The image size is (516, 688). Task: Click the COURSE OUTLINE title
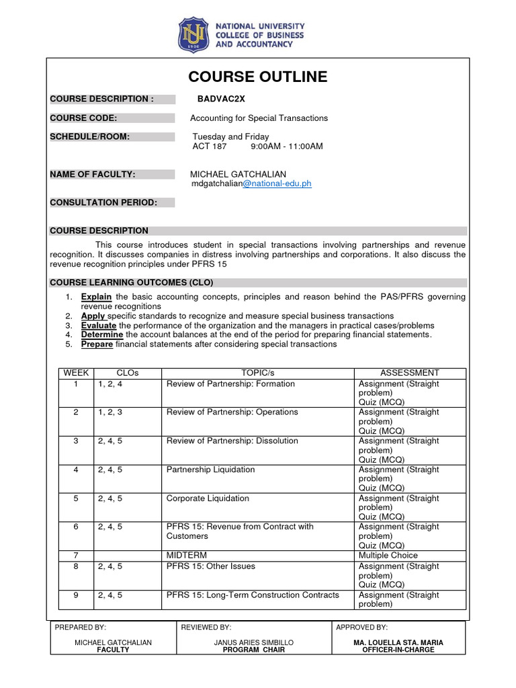point(258,77)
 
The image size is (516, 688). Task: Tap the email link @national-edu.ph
point(276,183)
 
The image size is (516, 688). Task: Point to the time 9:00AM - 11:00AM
point(286,146)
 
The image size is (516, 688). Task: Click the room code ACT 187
point(210,146)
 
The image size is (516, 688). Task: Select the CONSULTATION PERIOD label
point(103,202)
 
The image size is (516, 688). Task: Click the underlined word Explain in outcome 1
point(97,296)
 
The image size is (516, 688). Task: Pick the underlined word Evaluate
point(99,325)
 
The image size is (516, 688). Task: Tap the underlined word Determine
point(102,335)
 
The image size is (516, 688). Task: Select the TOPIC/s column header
point(259,373)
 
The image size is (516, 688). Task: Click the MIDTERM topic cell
point(187,556)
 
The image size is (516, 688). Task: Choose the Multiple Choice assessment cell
point(388,556)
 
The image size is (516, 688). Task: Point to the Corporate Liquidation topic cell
point(208,499)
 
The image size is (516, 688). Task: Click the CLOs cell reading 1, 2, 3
point(110,412)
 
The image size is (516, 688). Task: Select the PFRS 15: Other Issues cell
point(211,566)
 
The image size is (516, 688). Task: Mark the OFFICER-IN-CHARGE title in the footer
point(398,650)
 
